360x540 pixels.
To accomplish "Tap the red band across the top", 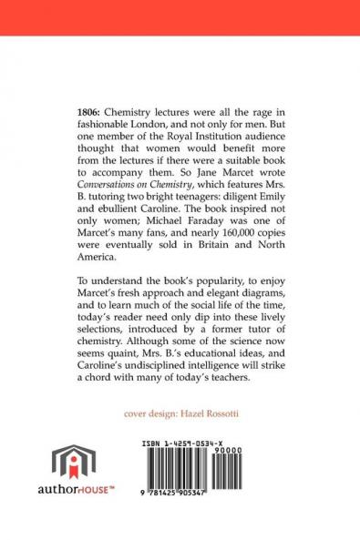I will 180,16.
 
